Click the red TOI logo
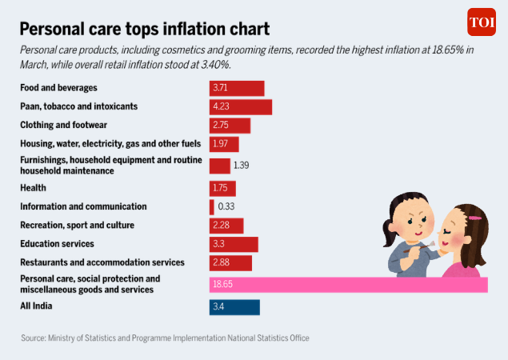[x=482, y=22]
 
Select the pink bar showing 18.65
[x=349, y=285]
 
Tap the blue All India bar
[x=234, y=307]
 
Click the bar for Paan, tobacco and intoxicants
[x=241, y=107]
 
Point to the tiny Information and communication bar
[x=211, y=207]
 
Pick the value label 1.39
[x=242, y=166]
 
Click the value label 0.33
[x=226, y=206]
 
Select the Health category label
[x=33, y=188]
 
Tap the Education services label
[x=57, y=244]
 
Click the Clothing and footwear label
[x=63, y=125]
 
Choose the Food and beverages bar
[x=237, y=89]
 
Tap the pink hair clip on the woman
[x=475, y=218]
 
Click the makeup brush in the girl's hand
[x=420, y=247]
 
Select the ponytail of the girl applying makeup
[x=389, y=234]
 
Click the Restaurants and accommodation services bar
[x=230, y=263]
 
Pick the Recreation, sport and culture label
[x=77, y=226]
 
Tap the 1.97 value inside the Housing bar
[x=220, y=143]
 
